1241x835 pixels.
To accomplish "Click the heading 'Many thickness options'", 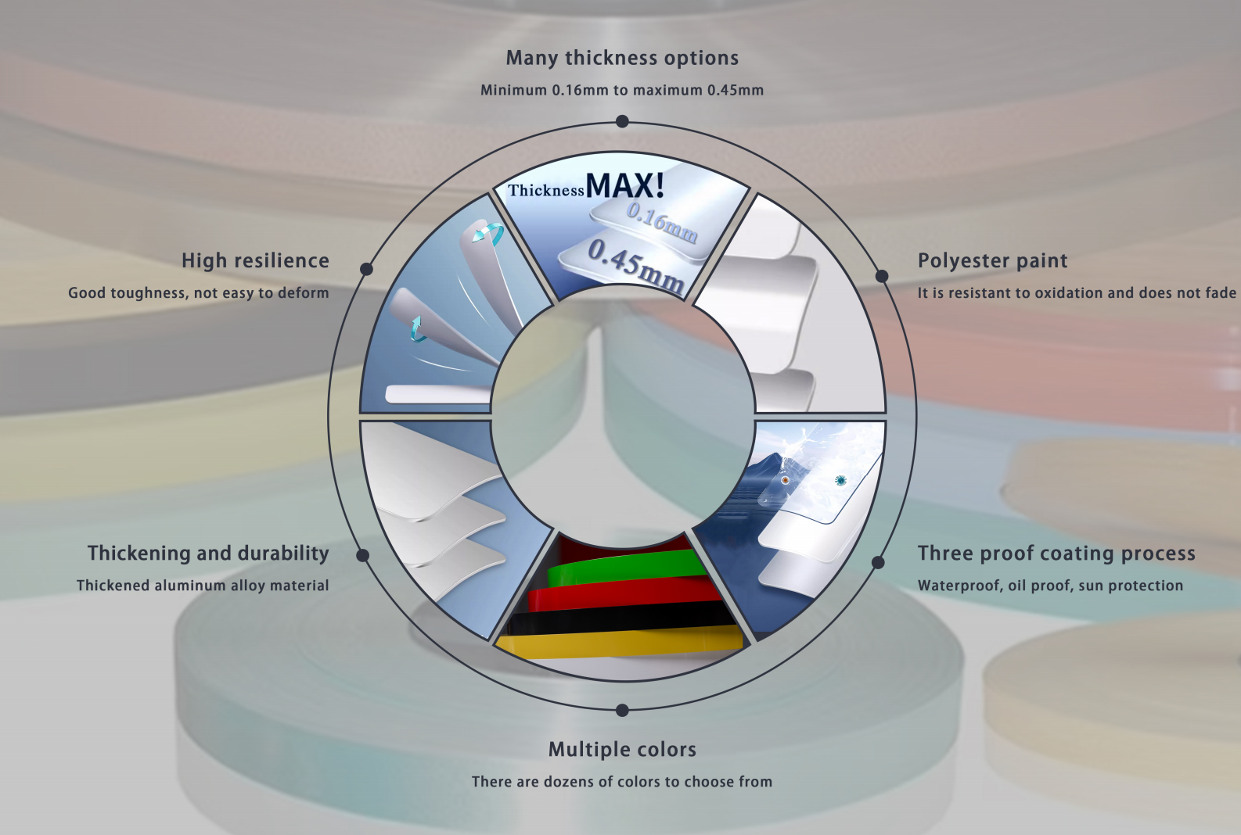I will coord(622,59).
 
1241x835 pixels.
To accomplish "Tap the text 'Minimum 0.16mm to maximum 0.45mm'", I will coord(622,91).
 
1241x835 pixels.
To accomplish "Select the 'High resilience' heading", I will coord(255,261).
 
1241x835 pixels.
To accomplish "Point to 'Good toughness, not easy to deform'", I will coord(199,293).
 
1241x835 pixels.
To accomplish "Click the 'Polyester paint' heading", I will coord(992,261).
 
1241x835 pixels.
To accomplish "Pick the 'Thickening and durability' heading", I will coord(208,554).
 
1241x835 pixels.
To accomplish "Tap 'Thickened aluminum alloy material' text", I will coord(203,586).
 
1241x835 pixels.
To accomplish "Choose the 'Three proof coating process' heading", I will coord(1056,554).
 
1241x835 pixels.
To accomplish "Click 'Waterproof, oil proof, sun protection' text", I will coord(1050,586).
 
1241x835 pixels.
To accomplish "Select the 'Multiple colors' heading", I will coord(622,750).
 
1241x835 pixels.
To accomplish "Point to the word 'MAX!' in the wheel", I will coord(625,186).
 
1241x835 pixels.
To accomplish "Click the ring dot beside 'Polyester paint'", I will coord(882,276).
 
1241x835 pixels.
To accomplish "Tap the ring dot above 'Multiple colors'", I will coord(622,710).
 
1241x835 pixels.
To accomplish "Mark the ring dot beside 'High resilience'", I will coord(366,269).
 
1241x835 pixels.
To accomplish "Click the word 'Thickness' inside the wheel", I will coord(546,191).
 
